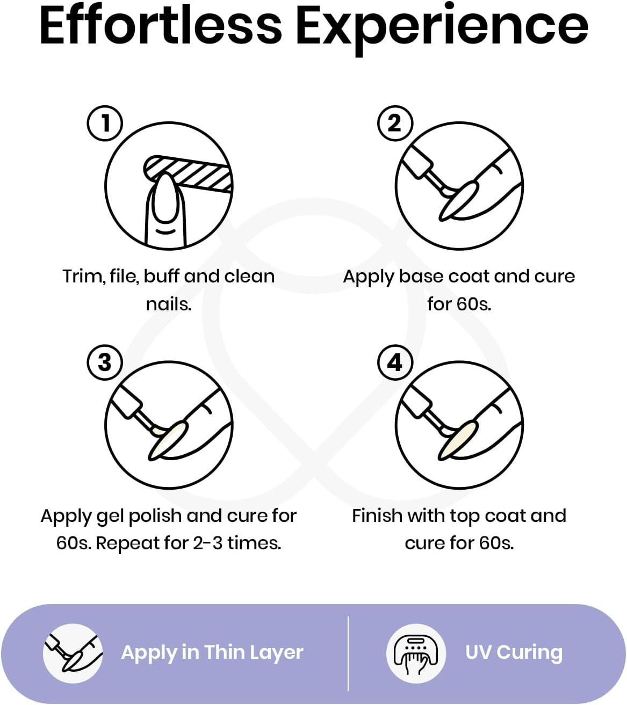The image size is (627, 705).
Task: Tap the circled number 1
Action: click(x=105, y=123)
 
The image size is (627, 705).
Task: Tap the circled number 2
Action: click(x=395, y=123)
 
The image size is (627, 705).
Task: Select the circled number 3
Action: click(x=105, y=362)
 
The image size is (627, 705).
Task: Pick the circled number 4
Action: click(x=395, y=362)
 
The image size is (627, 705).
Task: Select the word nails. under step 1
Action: click(x=169, y=304)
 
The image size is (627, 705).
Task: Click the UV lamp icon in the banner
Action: click(x=416, y=653)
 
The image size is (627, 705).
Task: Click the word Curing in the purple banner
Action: click(x=529, y=653)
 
